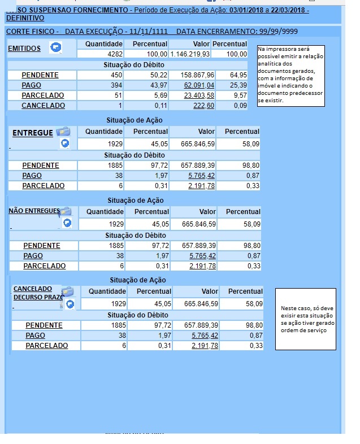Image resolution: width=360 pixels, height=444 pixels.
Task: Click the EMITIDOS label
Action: pyautogui.click(x=24, y=49)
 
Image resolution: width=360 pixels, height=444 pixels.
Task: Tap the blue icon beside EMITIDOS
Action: pyautogui.click(x=55, y=47)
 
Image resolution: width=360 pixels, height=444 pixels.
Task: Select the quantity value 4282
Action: pyautogui.click(x=111, y=54)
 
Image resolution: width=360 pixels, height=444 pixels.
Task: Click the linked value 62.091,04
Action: pyautogui.click(x=199, y=85)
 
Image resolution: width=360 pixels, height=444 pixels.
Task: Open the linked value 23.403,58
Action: pyautogui.click(x=199, y=95)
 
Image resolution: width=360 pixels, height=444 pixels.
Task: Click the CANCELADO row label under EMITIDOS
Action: pyautogui.click(x=43, y=106)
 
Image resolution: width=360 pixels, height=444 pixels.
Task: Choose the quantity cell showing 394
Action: pyautogui.click(x=116, y=85)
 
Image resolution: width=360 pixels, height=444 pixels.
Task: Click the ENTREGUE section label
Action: pyautogui.click(x=33, y=133)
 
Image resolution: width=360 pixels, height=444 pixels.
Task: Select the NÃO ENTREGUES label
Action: pyautogui.click(x=34, y=211)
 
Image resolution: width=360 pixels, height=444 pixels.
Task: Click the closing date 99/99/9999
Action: pyautogui.click(x=277, y=32)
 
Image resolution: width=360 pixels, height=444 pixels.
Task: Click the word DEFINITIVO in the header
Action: pyautogui.click(x=25, y=18)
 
